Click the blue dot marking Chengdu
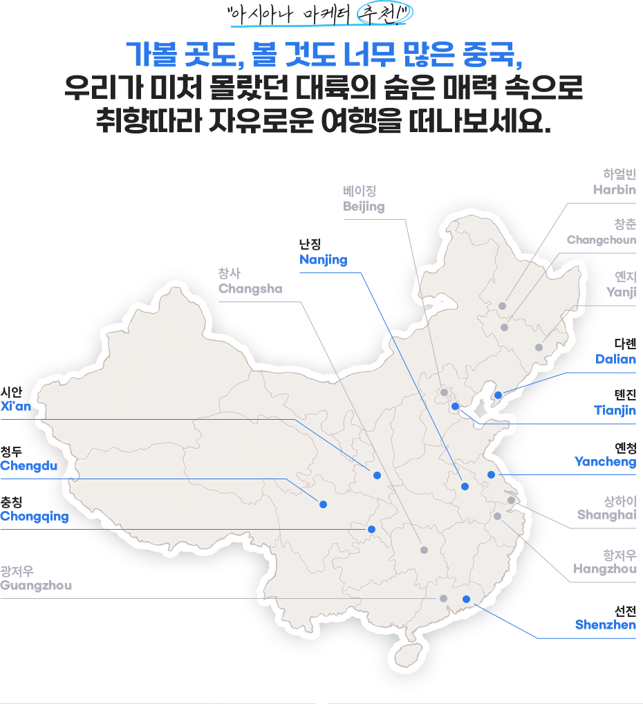coord(324,504)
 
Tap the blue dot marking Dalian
coord(498,395)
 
